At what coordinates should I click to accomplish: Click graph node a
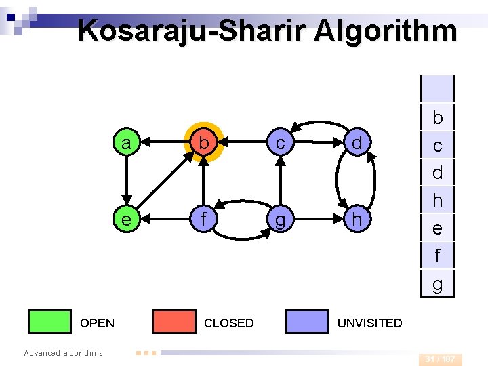pos(125,143)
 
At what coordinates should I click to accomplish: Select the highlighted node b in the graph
pos(203,143)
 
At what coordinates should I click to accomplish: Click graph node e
pos(125,220)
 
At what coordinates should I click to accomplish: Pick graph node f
pos(203,220)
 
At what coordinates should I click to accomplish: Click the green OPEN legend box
pos(49,322)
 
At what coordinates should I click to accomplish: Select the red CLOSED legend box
pos(174,322)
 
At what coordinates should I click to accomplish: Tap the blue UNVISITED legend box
pos(307,322)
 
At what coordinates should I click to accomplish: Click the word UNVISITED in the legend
pos(369,323)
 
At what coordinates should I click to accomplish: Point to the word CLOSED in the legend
pos(229,323)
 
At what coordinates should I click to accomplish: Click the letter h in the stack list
pos(437,201)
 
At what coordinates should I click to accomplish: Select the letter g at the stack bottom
pos(437,283)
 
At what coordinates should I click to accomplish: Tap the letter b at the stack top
pos(437,118)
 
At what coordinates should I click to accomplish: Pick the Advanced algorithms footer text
pos(63,352)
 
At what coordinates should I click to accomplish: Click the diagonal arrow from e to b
pos(165,181)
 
